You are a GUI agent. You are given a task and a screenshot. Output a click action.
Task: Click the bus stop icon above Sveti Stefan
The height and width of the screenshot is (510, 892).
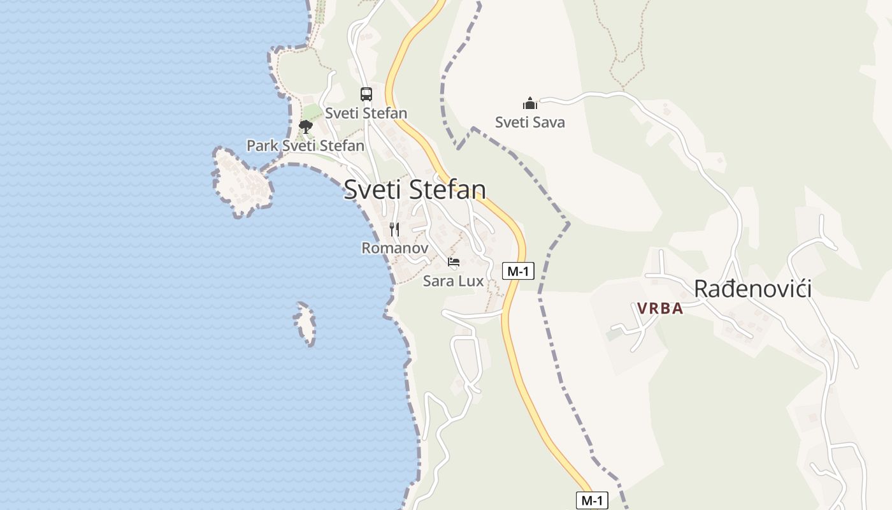(366, 94)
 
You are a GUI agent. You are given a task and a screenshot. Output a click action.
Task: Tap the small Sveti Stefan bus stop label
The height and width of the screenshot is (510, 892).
(366, 113)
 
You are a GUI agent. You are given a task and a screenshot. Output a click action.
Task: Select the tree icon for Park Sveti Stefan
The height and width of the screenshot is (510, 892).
(306, 126)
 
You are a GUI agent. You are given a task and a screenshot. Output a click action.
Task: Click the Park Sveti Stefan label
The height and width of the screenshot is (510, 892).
(305, 146)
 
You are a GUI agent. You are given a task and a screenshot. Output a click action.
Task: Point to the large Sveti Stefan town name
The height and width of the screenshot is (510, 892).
(415, 189)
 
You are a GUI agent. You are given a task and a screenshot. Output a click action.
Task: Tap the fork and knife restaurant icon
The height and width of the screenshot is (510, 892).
(394, 229)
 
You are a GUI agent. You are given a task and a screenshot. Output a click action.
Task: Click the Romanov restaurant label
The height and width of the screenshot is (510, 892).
(394, 248)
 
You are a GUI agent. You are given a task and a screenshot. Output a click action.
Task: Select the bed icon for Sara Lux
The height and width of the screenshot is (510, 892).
(454, 262)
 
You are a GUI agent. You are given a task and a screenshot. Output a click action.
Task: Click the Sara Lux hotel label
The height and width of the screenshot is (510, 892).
(453, 280)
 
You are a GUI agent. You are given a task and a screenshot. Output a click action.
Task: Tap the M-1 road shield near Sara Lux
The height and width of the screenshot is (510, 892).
(518, 271)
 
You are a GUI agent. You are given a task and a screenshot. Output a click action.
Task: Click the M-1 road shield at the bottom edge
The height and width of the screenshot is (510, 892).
(592, 500)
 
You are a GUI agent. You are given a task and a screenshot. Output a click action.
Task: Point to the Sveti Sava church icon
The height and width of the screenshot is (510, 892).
(530, 103)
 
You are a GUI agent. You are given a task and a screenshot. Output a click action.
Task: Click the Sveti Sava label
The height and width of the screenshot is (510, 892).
(530, 122)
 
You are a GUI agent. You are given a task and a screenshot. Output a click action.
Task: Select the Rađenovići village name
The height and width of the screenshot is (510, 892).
(752, 289)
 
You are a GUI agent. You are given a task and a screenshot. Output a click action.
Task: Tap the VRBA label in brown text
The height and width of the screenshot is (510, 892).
(660, 309)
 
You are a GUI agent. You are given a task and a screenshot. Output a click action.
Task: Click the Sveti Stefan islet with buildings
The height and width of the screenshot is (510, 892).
(243, 183)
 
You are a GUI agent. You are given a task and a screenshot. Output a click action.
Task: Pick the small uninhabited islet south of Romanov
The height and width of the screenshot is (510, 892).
(305, 323)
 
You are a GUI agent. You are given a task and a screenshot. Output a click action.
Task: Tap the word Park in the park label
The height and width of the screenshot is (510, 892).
(263, 146)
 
